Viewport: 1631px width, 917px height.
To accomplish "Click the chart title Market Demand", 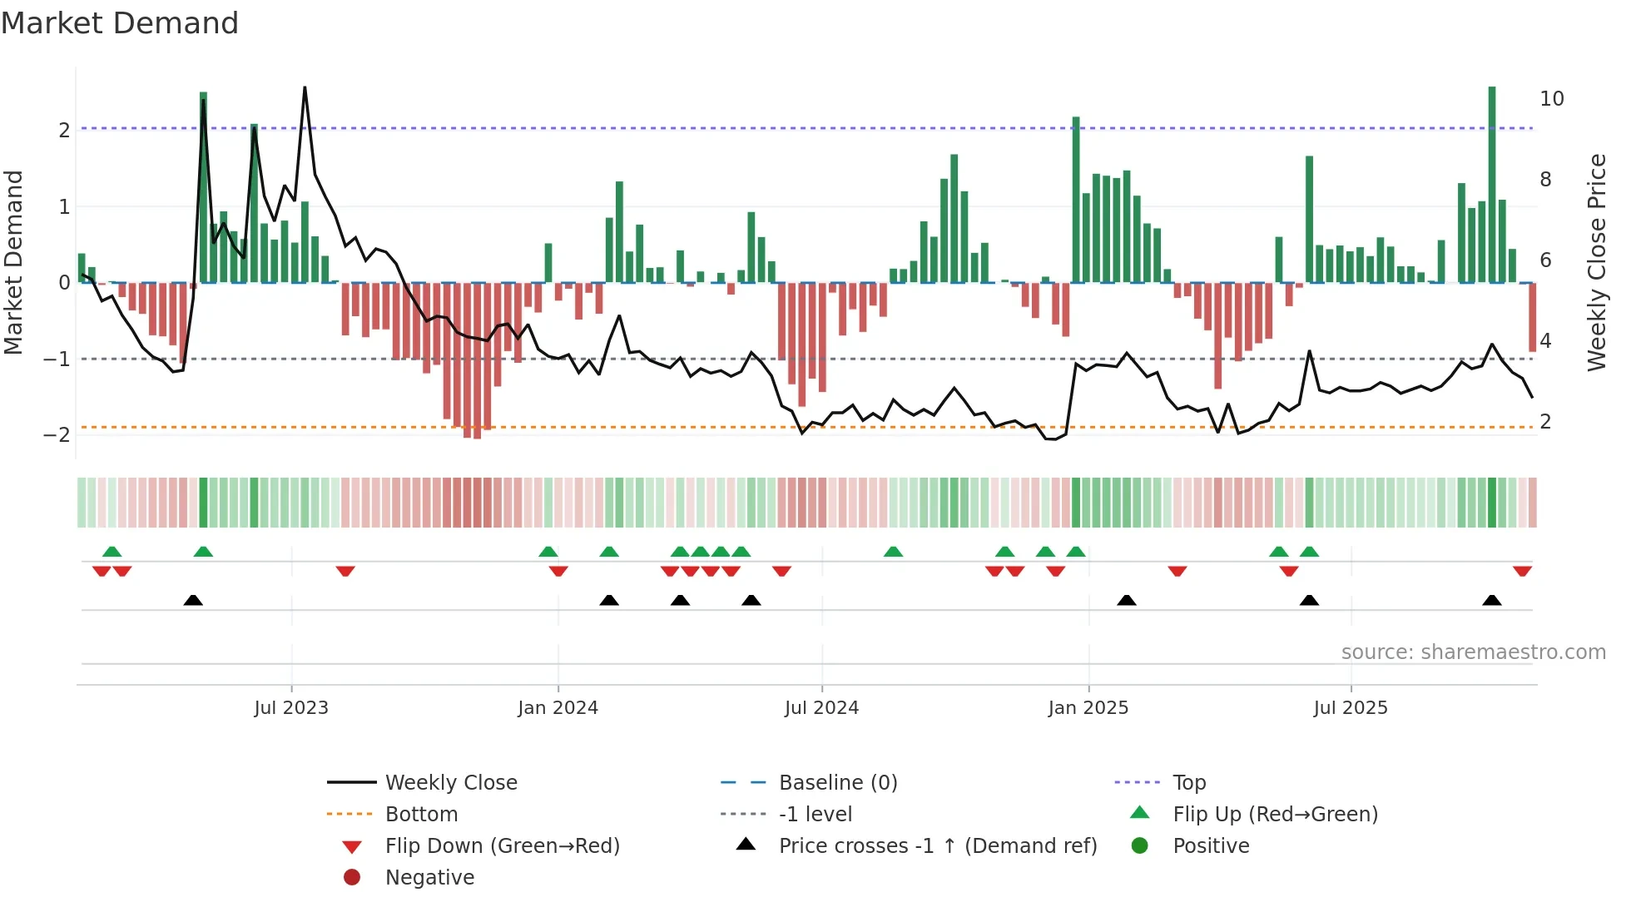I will coord(120,23).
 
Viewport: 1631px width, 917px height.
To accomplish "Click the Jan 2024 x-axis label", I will coord(558,708).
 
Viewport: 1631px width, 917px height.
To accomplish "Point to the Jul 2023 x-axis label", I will coord(291,708).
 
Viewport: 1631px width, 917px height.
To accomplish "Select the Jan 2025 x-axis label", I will coord(1088,708).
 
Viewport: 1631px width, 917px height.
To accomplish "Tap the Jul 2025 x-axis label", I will coord(1351,708).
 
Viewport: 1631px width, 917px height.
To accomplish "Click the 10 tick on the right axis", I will coord(1551,99).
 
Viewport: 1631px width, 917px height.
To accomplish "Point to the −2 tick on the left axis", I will coord(57,435).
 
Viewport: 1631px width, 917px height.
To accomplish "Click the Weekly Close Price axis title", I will coord(1596,262).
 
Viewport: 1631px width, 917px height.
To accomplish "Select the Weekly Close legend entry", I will coord(451,783).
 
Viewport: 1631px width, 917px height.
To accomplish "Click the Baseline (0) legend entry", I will coord(837,783).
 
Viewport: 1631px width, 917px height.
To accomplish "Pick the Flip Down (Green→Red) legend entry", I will coord(502,846).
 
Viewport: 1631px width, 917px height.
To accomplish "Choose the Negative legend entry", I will coord(429,878).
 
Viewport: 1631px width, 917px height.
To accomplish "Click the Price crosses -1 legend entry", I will coord(937,846).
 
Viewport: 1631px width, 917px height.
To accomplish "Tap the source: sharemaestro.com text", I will coord(1473,652).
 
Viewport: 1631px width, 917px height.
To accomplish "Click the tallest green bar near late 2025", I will coord(1492,183).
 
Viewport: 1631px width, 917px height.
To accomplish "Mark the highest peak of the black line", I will coord(305,88).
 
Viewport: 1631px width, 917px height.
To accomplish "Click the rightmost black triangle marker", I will coord(1492,601).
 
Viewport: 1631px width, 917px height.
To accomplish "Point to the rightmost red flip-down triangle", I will coord(1522,572).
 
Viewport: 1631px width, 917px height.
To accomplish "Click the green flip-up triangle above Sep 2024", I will coord(893,552).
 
